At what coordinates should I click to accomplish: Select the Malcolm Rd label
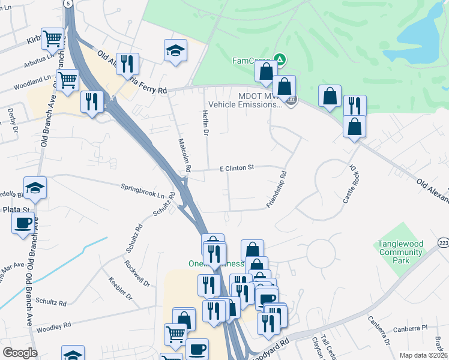tap(184, 155)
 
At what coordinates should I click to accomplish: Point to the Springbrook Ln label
tap(143, 191)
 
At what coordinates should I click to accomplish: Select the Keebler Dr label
tap(119, 288)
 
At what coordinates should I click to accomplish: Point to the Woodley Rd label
tap(54, 326)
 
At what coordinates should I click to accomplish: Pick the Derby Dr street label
tap(11, 119)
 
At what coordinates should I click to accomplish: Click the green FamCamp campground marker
tap(279, 59)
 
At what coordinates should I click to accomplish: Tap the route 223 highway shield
tap(443, 242)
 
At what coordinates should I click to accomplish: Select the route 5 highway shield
tap(70, 4)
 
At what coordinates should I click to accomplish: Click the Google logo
tap(20, 353)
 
